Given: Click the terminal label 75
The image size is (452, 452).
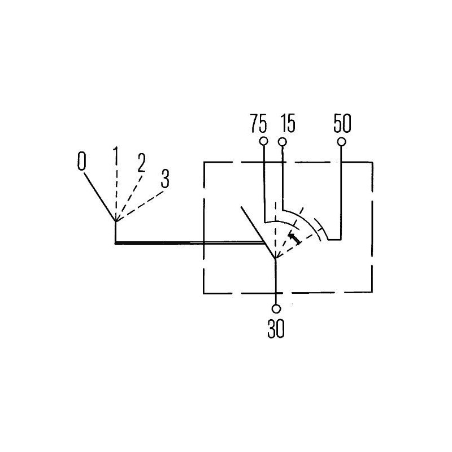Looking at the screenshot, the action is pyautogui.click(x=258, y=123).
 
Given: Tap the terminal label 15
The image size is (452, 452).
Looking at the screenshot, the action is pyautogui.click(x=288, y=123).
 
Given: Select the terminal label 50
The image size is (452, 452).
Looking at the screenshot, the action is pyautogui.click(x=342, y=123).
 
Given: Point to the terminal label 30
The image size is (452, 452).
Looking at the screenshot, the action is pyautogui.click(x=276, y=329).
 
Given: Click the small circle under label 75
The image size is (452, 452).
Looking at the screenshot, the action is pyautogui.click(x=263, y=141).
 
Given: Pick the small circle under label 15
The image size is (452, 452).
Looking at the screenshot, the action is pyautogui.click(x=282, y=142).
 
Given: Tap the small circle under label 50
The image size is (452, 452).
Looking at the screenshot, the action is pyautogui.click(x=342, y=142).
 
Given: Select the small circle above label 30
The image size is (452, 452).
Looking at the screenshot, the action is pyautogui.click(x=276, y=308).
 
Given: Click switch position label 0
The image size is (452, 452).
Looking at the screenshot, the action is pyautogui.click(x=81, y=161).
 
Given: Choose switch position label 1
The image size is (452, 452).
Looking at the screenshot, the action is pyautogui.click(x=116, y=155).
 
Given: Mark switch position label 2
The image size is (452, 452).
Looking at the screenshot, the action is pyautogui.click(x=141, y=163).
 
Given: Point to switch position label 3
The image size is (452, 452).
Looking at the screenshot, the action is pyautogui.click(x=165, y=179).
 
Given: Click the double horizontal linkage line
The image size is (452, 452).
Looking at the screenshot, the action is pyautogui.click(x=190, y=244).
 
